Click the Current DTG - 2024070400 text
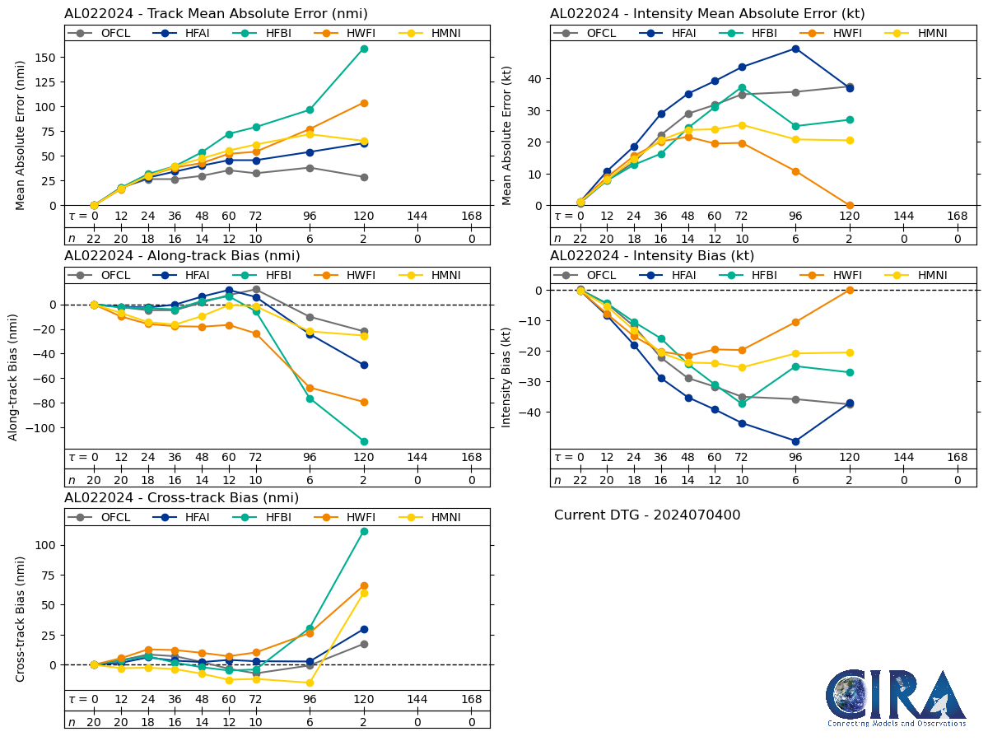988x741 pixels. pyautogui.click(x=647, y=515)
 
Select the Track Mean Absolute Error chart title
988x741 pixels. pyautogui.click(x=216, y=13)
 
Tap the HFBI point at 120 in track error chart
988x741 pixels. pyautogui.click(x=364, y=49)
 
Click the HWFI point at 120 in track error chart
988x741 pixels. pyautogui.click(x=364, y=103)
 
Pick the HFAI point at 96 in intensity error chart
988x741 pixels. pyautogui.click(x=795, y=49)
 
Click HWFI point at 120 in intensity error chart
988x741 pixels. pyautogui.click(x=850, y=205)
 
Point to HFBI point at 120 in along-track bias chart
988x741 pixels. pyautogui.click(x=364, y=441)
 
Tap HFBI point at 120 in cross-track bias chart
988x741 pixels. pyautogui.click(x=364, y=531)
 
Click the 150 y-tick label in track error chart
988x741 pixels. pyautogui.click(x=45, y=57)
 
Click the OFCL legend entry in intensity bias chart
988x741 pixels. pyautogui.click(x=592, y=275)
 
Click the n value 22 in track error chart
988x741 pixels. pyautogui.click(x=94, y=239)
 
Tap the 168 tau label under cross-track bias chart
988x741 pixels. pyautogui.click(x=472, y=700)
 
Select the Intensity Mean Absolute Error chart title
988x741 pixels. pyautogui.click(x=707, y=13)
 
